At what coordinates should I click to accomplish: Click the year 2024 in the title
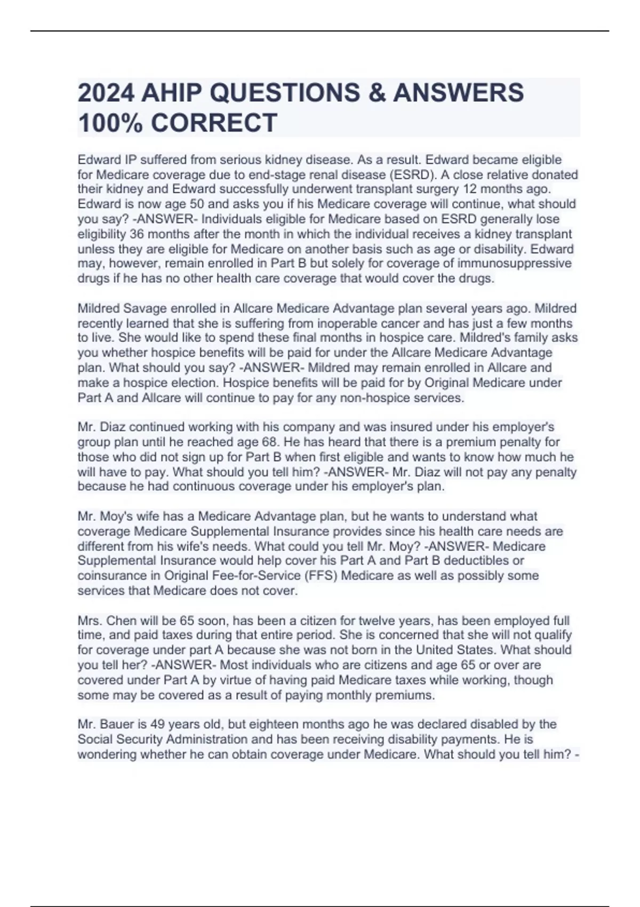pyautogui.click(x=106, y=93)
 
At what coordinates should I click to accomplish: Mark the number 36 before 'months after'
pyautogui.click(x=137, y=234)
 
